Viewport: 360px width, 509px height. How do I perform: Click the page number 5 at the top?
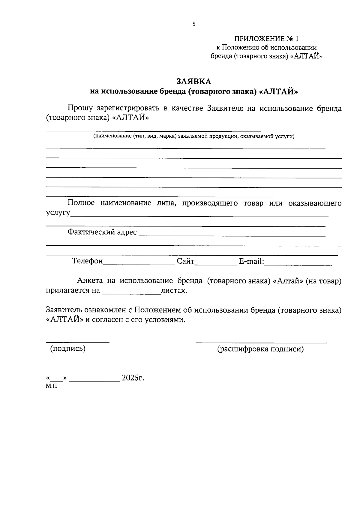pyautogui.click(x=194, y=24)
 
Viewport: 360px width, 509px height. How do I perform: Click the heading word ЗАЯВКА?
pyautogui.click(x=193, y=82)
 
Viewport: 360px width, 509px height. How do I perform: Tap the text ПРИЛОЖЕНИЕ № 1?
pyautogui.click(x=266, y=39)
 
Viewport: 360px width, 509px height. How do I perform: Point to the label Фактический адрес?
pyautogui.click(x=102, y=232)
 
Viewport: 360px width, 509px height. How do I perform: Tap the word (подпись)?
pyautogui.click(x=68, y=349)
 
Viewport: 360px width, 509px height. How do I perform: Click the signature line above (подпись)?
pyautogui.click(x=77, y=342)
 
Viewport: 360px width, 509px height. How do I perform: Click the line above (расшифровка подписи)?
pyautogui.click(x=261, y=342)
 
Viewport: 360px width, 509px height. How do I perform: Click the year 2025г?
pyautogui.click(x=133, y=378)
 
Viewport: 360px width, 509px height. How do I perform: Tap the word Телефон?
pyautogui.click(x=87, y=261)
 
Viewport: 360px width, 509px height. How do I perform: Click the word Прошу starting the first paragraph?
pyautogui.click(x=80, y=108)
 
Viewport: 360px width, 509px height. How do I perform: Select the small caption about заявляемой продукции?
pyautogui.click(x=194, y=137)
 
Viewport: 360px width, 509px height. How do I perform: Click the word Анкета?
pyautogui.click(x=90, y=281)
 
